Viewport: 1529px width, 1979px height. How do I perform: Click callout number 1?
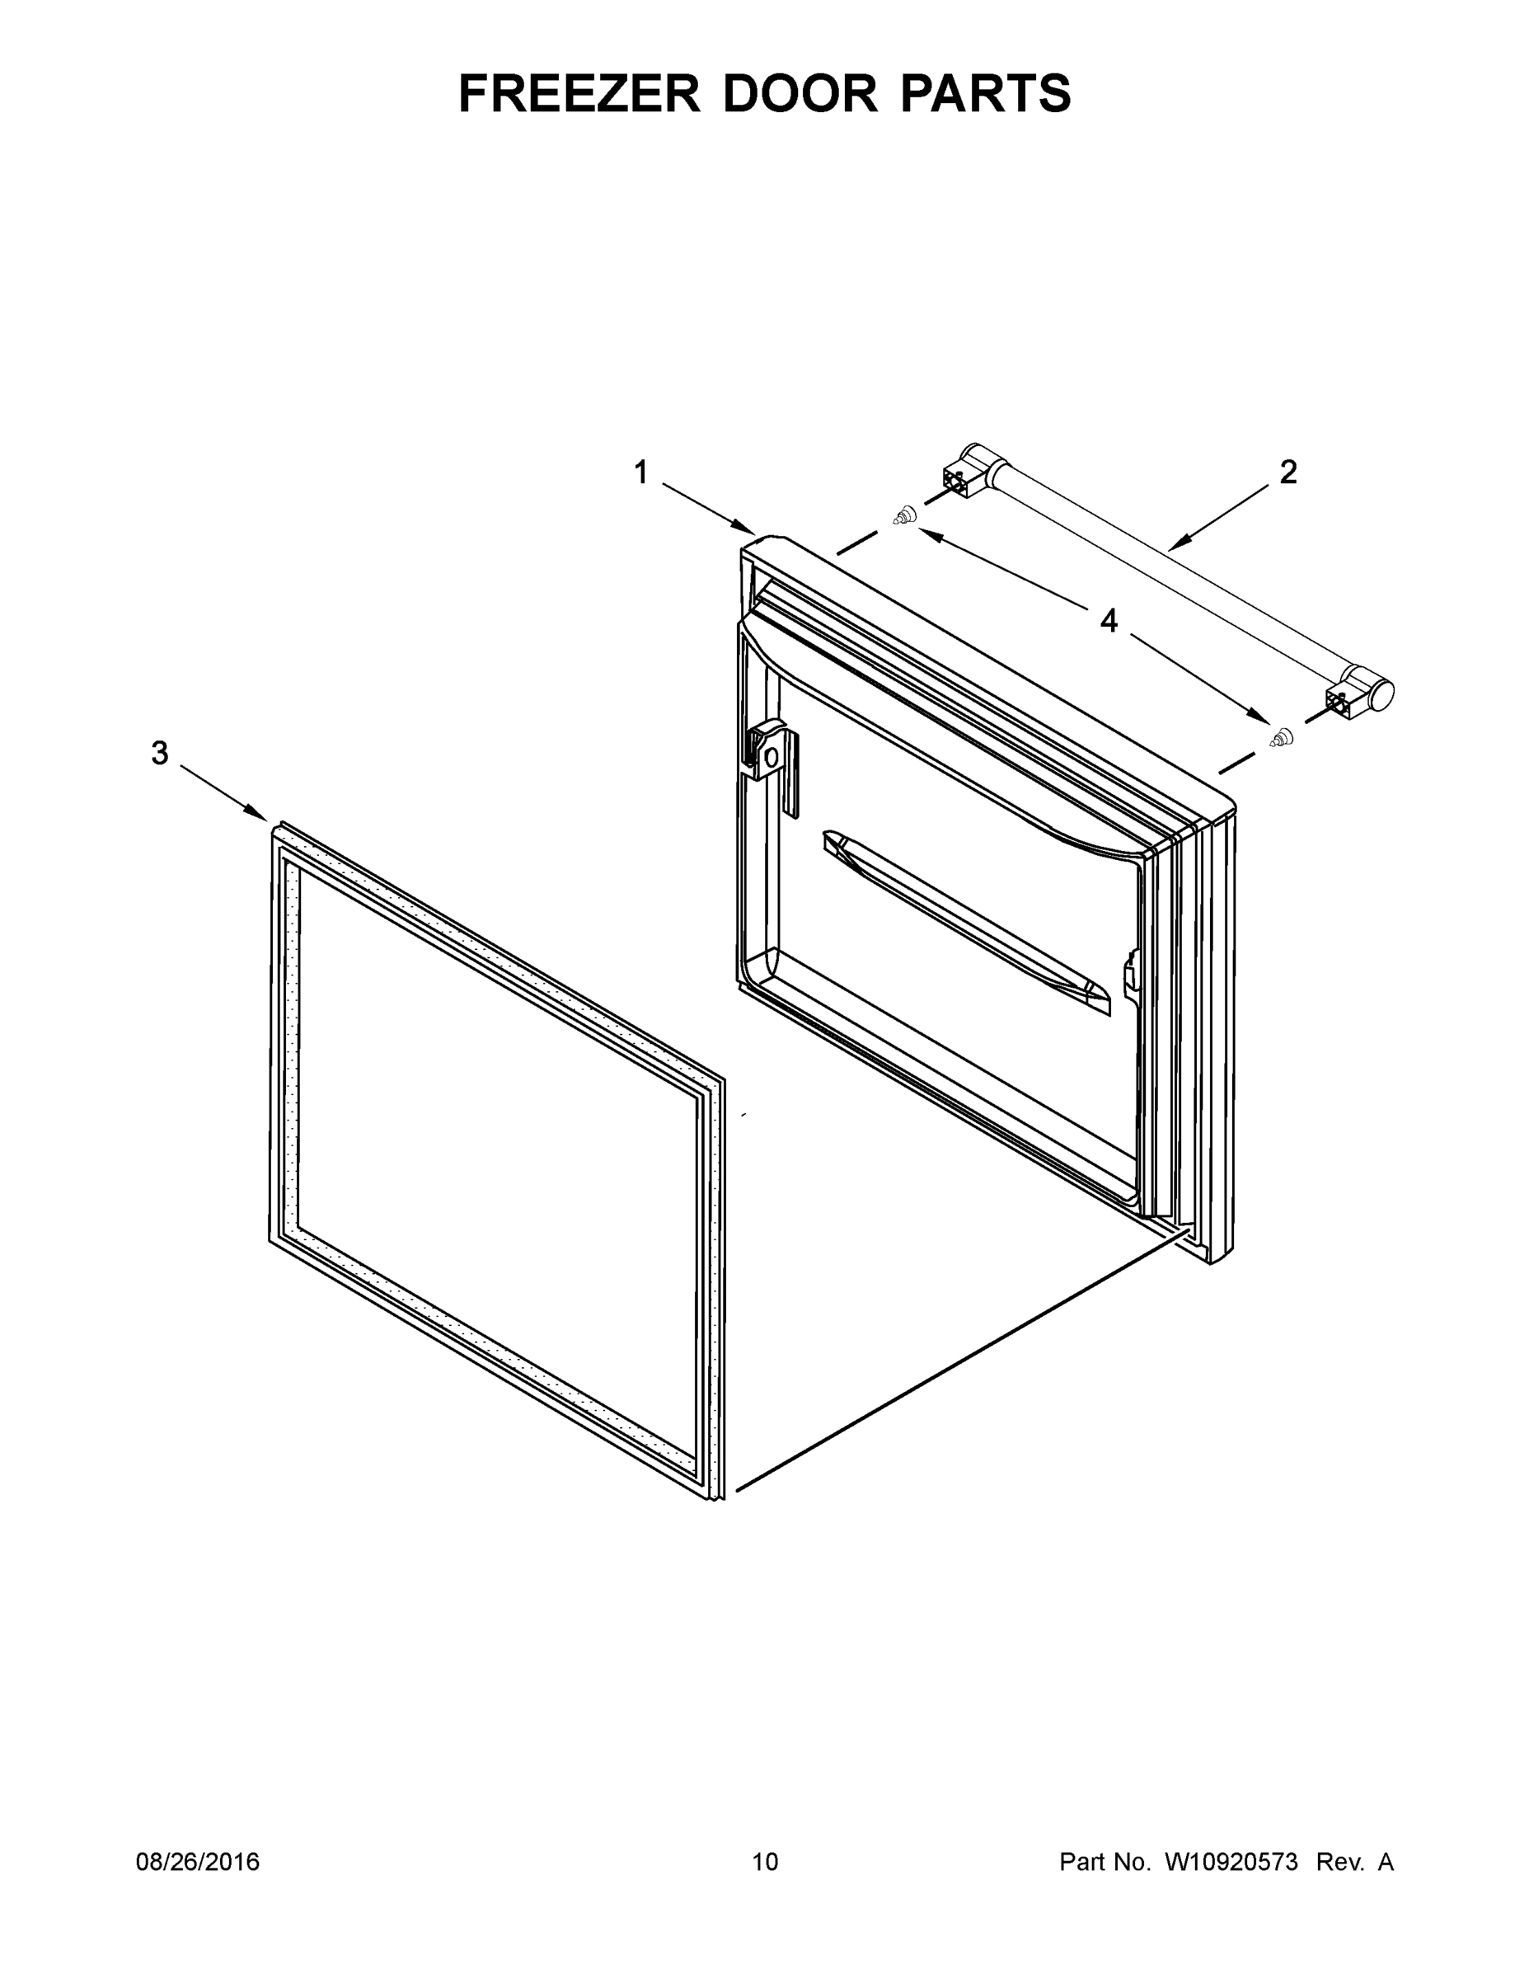(641, 472)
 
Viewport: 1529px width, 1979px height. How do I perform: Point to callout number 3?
(159, 752)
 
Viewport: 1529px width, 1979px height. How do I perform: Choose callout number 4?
(1109, 622)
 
